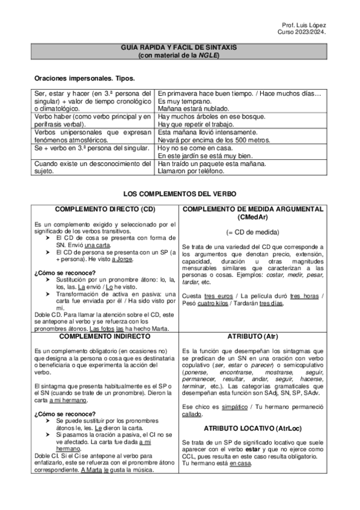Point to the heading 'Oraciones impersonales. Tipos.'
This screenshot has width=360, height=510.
pos(84,79)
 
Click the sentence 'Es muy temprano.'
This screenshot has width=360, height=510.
pos(181,102)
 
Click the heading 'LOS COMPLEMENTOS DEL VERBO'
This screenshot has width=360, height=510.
pos(180,194)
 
